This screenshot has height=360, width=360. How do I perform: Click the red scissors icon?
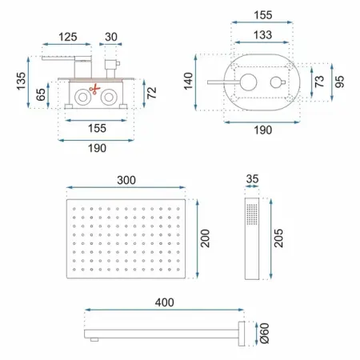coord(94,89)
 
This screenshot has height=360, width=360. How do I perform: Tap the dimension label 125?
coord(68,37)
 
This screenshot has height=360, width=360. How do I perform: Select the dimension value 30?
coord(111,37)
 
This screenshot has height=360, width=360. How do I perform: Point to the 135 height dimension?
coord(21,81)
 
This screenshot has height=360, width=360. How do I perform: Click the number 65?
coord(41,94)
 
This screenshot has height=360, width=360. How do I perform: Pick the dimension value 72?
coord(152,93)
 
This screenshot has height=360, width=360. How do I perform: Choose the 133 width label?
coord(262,35)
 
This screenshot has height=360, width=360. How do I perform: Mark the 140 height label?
coord(188,81)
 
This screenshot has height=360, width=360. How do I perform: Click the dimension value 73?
coord(319,81)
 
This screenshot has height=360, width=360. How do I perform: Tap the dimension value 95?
coord(339,82)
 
